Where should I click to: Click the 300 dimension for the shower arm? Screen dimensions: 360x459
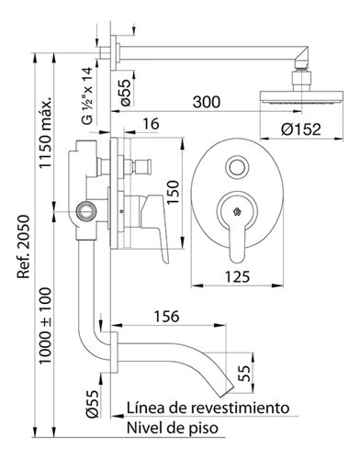pos(207,102)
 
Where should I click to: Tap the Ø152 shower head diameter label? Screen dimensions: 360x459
pos(301,129)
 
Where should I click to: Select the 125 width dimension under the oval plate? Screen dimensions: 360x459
pos(237,276)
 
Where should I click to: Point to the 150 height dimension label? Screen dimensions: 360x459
pos(173,193)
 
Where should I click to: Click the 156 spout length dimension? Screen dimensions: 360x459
pos(166,316)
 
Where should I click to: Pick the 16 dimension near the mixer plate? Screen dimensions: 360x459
pos(152,124)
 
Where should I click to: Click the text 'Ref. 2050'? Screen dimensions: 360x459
pos(24,247)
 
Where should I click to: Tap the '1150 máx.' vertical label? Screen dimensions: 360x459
pos(45,132)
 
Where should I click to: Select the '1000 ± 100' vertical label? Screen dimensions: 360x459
pos(45,326)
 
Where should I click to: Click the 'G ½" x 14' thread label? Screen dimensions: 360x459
pos(87,95)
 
